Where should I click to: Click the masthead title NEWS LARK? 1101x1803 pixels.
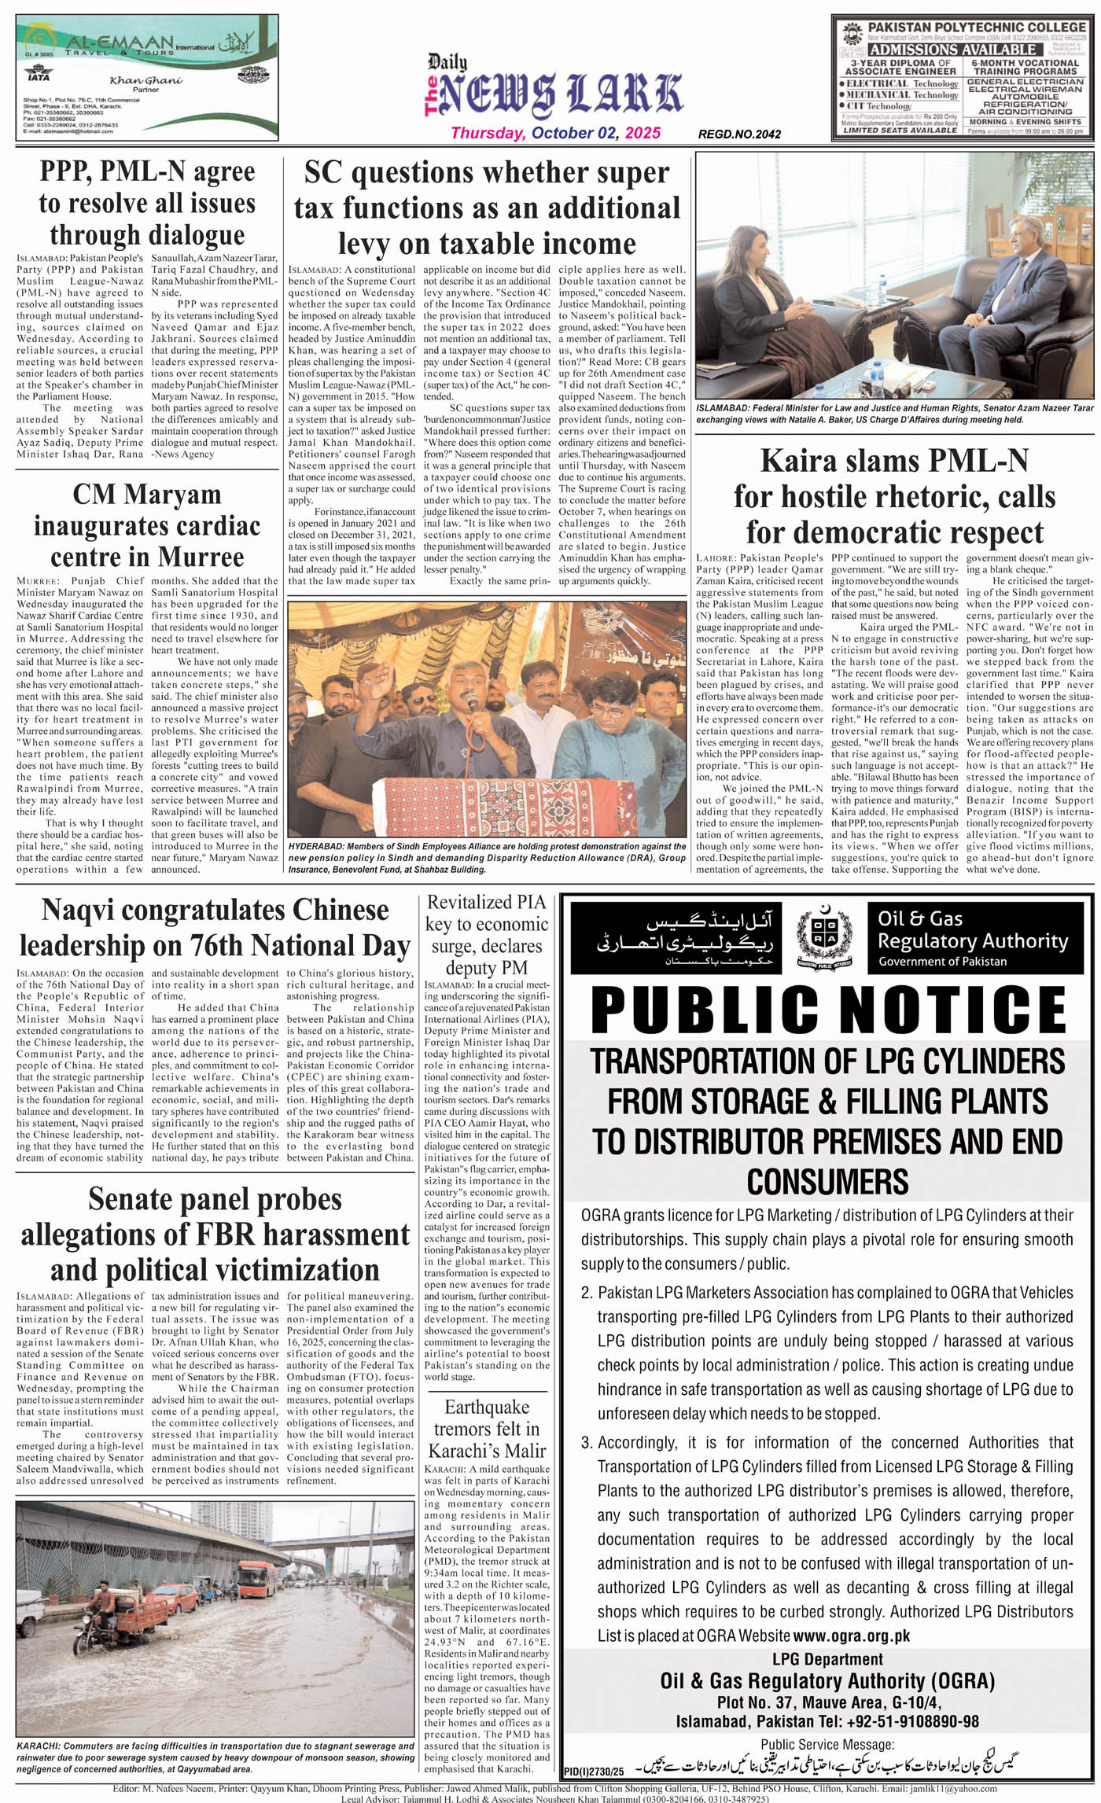[560, 94]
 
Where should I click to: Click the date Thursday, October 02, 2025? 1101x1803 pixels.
[555, 133]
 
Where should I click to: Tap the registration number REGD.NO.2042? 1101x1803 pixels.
[739, 134]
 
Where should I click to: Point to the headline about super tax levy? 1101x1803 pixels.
[487, 208]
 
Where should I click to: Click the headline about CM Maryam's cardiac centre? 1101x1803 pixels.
[147, 525]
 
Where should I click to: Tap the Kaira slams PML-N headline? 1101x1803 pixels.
[894, 496]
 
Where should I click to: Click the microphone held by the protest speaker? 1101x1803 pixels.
[471, 698]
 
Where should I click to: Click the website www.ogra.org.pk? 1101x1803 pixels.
[851, 1636]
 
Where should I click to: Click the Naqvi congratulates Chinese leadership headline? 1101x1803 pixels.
[215, 928]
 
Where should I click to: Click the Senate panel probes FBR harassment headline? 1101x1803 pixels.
[215, 1235]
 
